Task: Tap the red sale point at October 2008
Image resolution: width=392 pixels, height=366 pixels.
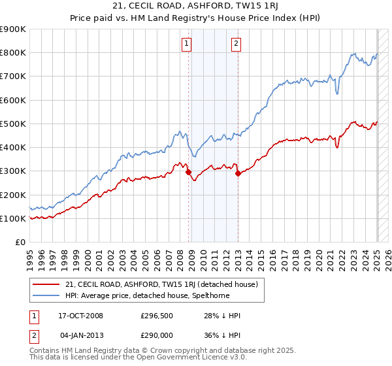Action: click(x=189, y=173)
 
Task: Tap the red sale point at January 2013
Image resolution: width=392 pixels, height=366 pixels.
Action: click(x=238, y=173)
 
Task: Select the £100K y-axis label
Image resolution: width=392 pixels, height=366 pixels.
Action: click(x=13, y=218)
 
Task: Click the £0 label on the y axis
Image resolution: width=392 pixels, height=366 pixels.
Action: click(x=19, y=242)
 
